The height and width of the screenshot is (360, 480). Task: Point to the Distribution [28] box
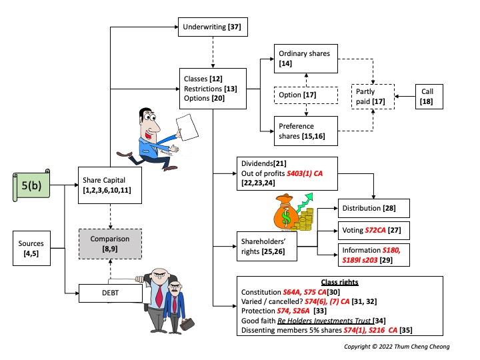point(373,209)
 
